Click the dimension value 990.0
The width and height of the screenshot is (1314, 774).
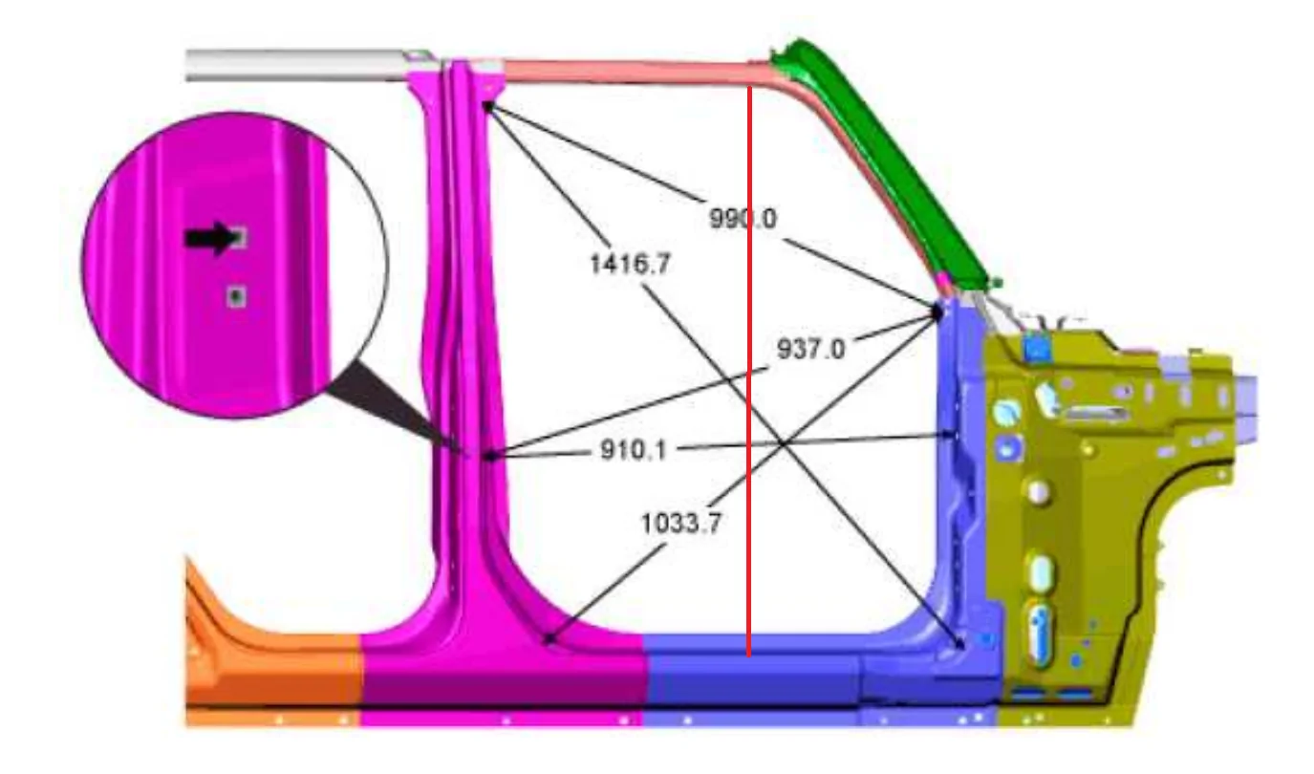coord(743,219)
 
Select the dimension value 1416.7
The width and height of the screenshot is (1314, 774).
coord(630,264)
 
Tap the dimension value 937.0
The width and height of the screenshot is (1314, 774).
coord(810,349)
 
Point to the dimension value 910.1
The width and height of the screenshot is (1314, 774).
coord(634,450)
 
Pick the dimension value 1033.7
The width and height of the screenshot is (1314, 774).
coord(681,523)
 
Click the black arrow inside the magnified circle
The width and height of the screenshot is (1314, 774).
coord(208,238)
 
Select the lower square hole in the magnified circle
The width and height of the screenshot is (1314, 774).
coord(236,296)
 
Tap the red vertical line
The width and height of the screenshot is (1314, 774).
coord(749,371)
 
